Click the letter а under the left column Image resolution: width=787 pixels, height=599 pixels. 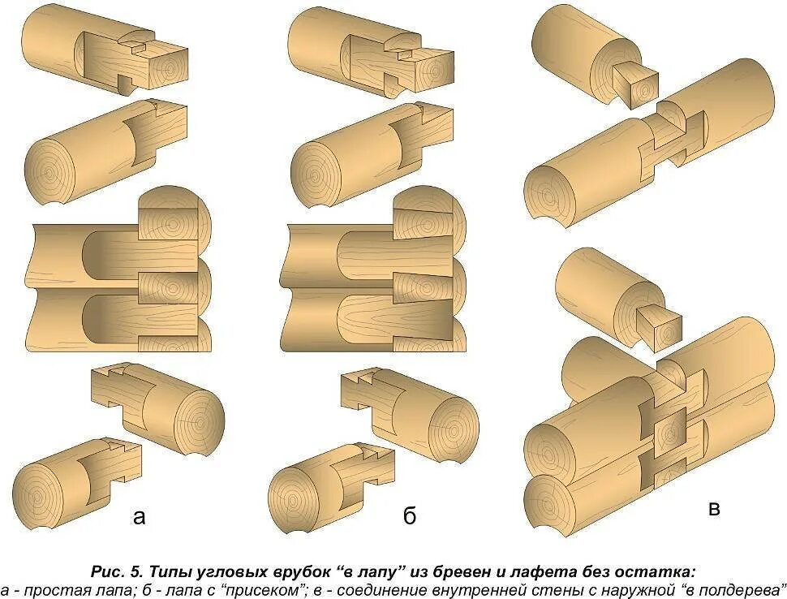(140, 517)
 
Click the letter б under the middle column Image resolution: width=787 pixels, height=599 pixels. (410, 517)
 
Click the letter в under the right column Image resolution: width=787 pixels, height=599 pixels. (714, 509)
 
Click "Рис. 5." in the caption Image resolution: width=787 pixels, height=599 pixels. (118, 571)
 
